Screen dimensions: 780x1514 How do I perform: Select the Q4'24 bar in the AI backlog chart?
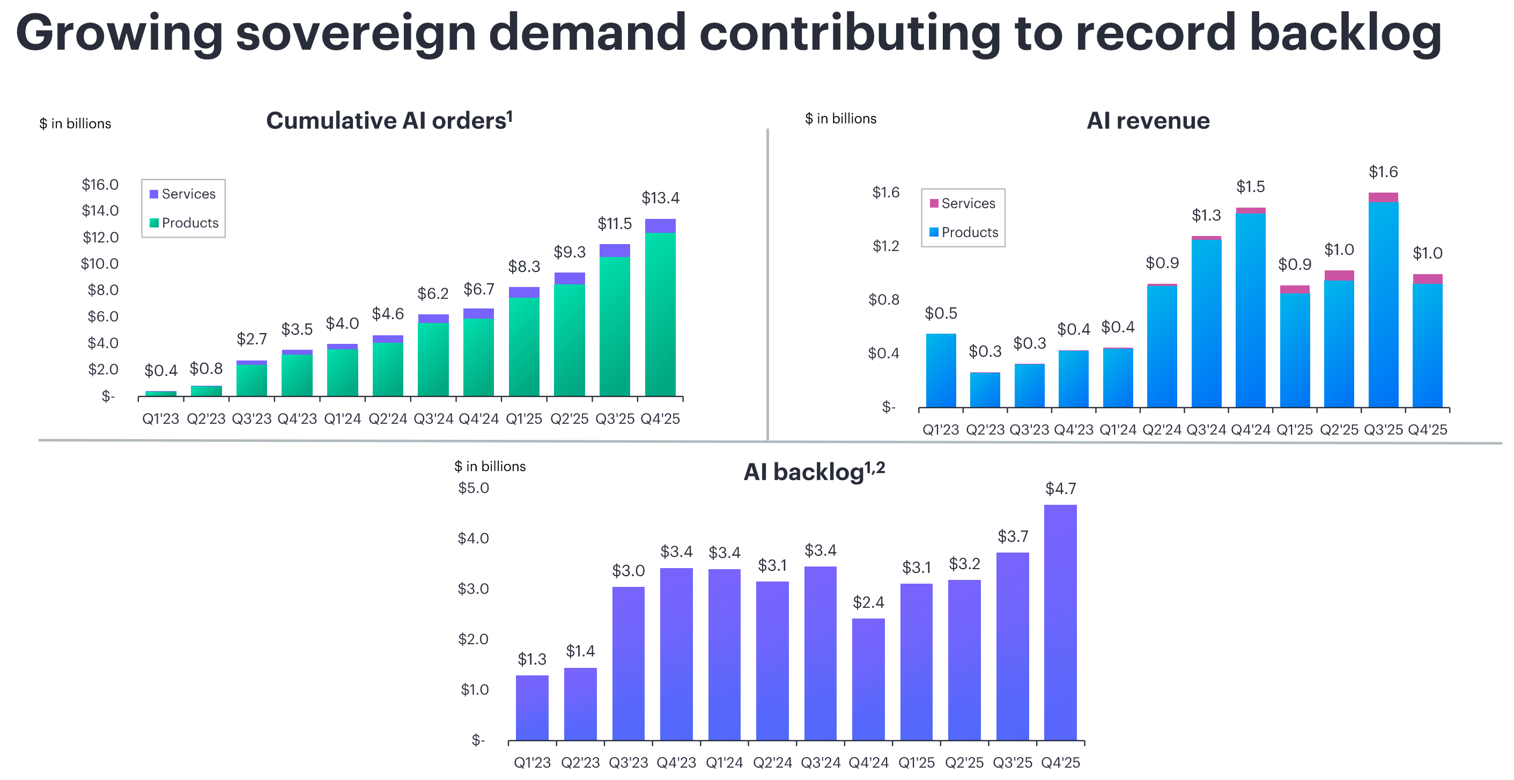868,679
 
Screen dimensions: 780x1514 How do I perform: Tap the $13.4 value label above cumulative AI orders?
660,198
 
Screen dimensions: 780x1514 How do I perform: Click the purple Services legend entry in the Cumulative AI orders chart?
183,194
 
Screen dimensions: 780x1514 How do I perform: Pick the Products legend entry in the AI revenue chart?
963,232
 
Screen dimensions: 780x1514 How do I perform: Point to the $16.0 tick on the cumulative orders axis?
100,185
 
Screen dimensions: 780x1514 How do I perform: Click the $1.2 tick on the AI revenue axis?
885,246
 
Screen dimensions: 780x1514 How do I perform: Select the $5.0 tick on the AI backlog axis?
473,488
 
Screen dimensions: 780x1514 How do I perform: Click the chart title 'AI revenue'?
1147,121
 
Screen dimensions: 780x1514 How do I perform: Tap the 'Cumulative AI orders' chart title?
388,121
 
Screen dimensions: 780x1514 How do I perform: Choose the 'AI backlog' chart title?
814,472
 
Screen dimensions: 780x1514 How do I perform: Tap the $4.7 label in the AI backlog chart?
1060,489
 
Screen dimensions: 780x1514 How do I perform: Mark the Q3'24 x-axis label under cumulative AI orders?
433,418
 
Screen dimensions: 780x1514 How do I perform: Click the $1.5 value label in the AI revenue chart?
1250,187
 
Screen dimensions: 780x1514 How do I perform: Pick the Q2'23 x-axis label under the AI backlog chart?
580,762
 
